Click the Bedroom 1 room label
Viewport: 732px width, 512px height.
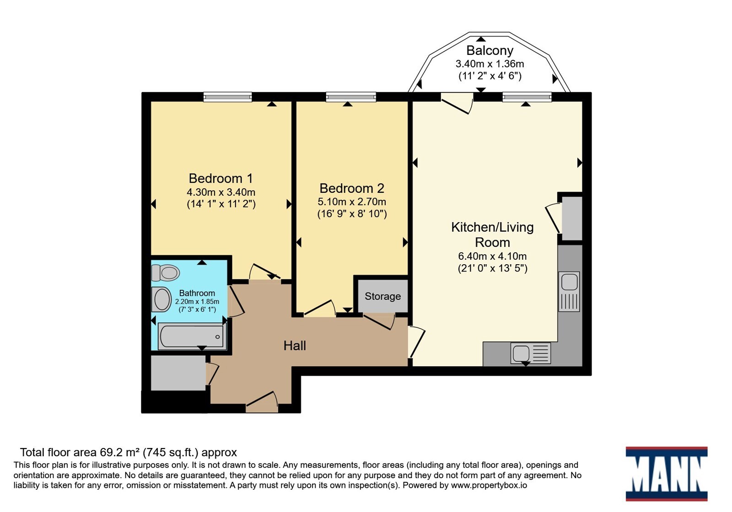tap(221, 178)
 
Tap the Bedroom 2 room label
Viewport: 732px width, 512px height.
tap(352, 188)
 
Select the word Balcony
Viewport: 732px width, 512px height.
tap(490, 51)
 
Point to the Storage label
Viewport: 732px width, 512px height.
tap(382, 296)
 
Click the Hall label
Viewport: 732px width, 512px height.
tap(295, 346)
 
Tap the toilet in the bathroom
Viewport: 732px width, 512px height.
tap(166, 272)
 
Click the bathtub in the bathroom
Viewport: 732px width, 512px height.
tap(192, 336)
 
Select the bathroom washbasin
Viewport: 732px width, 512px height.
tap(161, 299)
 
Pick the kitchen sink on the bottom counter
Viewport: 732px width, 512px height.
tap(530, 353)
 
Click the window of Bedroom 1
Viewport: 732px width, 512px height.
tap(227, 97)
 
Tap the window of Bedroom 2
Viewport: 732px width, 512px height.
tap(351, 97)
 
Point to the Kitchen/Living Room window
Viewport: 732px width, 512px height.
tap(527, 97)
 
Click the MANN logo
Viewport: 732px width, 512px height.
tap(667, 474)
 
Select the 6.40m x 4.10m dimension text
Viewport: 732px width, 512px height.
tap(492, 256)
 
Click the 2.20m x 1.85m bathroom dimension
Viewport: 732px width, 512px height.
tap(197, 301)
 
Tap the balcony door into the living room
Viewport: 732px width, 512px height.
tap(457, 103)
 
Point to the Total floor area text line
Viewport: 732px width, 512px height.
tap(129, 453)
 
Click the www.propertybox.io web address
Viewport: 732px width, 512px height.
tap(489, 485)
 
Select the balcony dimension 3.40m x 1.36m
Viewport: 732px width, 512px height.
tap(490, 64)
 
